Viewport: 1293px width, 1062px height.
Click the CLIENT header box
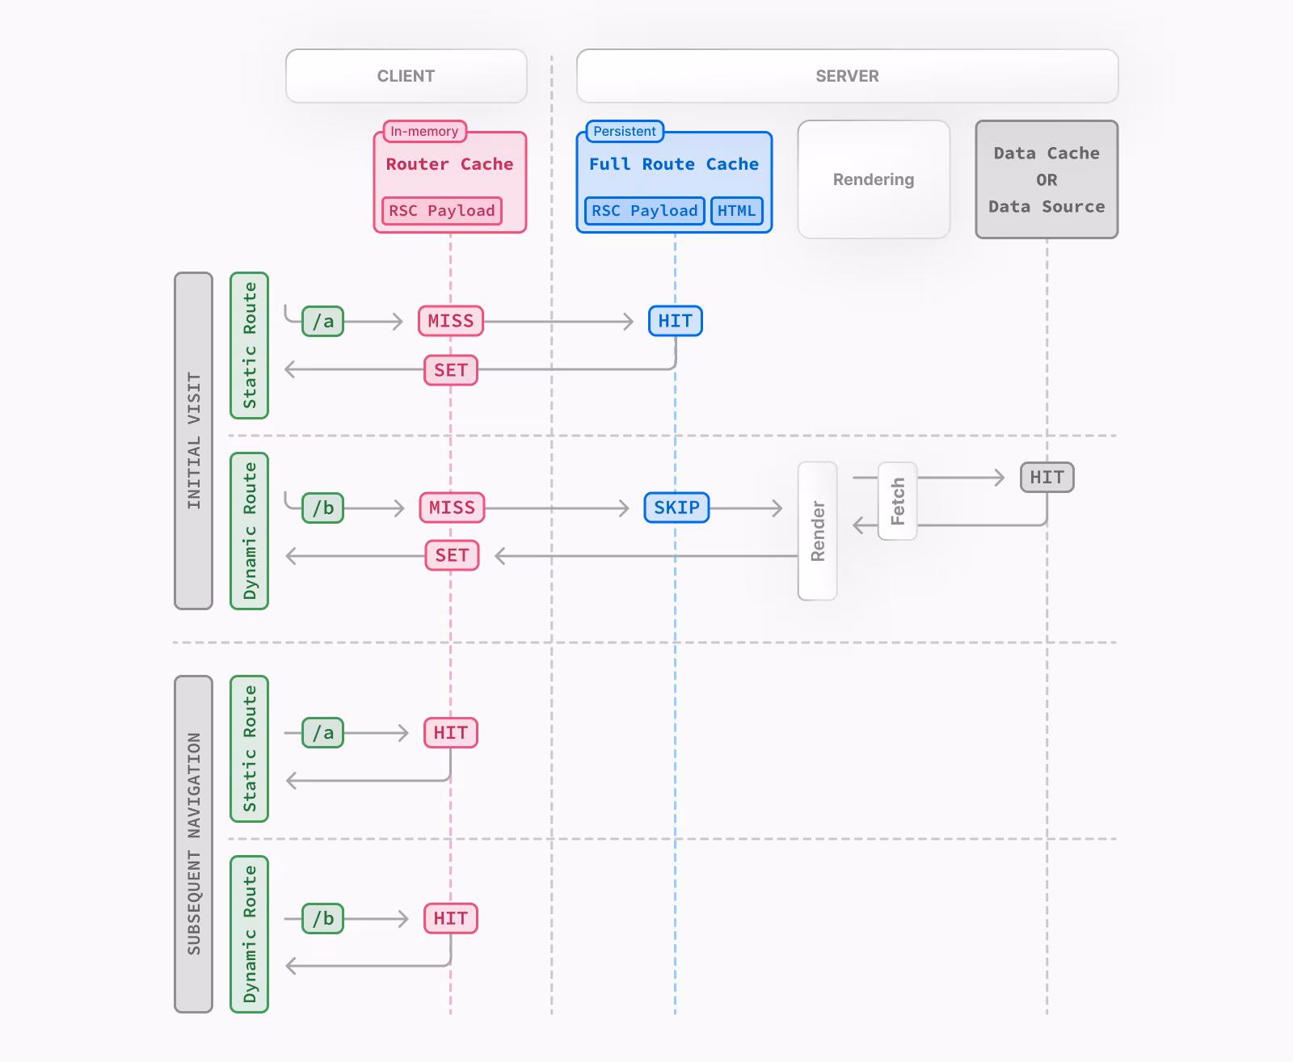(x=406, y=76)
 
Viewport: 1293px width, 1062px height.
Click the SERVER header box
(x=847, y=76)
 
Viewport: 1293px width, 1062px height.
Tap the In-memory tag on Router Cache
(x=424, y=131)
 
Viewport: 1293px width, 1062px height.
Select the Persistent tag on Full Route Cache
(x=624, y=131)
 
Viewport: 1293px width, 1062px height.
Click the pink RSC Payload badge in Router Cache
(x=441, y=211)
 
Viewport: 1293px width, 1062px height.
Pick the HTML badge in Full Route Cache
(x=736, y=211)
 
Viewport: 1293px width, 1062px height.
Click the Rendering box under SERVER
(x=874, y=179)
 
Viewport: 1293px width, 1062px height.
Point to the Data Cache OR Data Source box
(x=1047, y=179)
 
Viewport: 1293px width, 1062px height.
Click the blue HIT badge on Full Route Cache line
(x=675, y=321)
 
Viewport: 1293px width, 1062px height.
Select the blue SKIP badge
(x=676, y=508)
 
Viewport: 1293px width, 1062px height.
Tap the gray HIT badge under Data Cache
(x=1047, y=478)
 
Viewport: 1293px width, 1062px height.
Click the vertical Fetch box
(x=897, y=501)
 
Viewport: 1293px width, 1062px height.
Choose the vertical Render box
(x=817, y=531)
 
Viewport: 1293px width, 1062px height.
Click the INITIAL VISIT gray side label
(x=193, y=440)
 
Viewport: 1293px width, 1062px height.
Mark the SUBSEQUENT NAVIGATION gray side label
(x=193, y=844)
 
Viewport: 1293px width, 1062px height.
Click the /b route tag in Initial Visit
(x=322, y=508)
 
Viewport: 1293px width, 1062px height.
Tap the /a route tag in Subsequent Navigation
(x=322, y=733)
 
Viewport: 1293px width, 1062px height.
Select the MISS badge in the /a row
(x=450, y=321)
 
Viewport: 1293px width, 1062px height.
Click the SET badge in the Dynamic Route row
(x=452, y=555)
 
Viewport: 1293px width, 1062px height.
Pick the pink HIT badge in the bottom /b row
(x=450, y=919)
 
